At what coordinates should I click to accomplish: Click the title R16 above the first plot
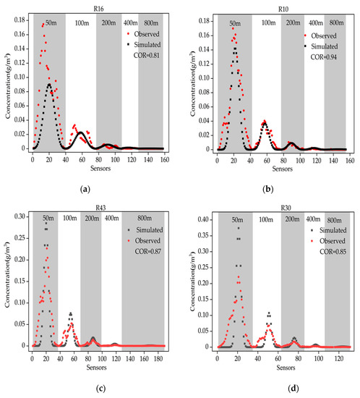point(90,6)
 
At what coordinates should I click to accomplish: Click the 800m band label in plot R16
point(150,20)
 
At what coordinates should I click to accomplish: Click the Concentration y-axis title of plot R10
point(192,81)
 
